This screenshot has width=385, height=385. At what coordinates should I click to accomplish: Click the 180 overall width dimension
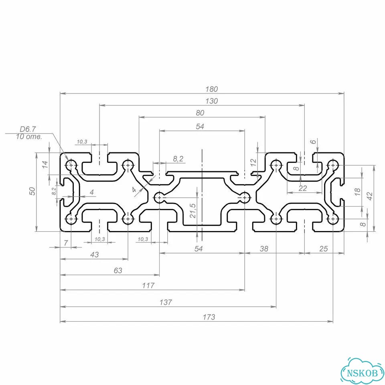[212, 89]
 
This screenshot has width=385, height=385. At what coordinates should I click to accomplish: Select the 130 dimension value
[212, 101]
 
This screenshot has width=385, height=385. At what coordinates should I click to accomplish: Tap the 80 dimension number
[200, 113]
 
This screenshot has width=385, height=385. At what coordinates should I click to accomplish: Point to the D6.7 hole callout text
[28, 129]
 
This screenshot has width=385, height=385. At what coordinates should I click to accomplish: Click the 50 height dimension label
[32, 191]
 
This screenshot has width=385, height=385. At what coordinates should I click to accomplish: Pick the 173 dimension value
[209, 317]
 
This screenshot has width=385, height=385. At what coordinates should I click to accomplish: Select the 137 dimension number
[166, 302]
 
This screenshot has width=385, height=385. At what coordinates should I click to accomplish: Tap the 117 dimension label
[148, 285]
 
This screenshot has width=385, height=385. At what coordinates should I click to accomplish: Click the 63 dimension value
[118, 270]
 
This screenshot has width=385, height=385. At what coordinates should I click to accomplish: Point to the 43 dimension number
[95, 255]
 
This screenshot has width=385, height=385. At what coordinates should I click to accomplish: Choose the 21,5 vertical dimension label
[193, 211]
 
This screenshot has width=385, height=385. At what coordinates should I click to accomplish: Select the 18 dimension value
[357, 191]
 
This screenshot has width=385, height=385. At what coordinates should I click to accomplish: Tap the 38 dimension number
[264, 249]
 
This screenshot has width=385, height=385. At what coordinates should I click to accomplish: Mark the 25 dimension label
[323, 249]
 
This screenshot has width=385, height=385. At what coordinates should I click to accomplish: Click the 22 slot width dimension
[303, 188]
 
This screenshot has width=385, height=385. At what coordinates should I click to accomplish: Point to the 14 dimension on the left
[45, 164]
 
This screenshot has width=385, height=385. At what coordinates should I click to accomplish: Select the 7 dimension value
[66, 243]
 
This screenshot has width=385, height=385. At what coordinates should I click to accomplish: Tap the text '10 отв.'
[29, 136]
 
